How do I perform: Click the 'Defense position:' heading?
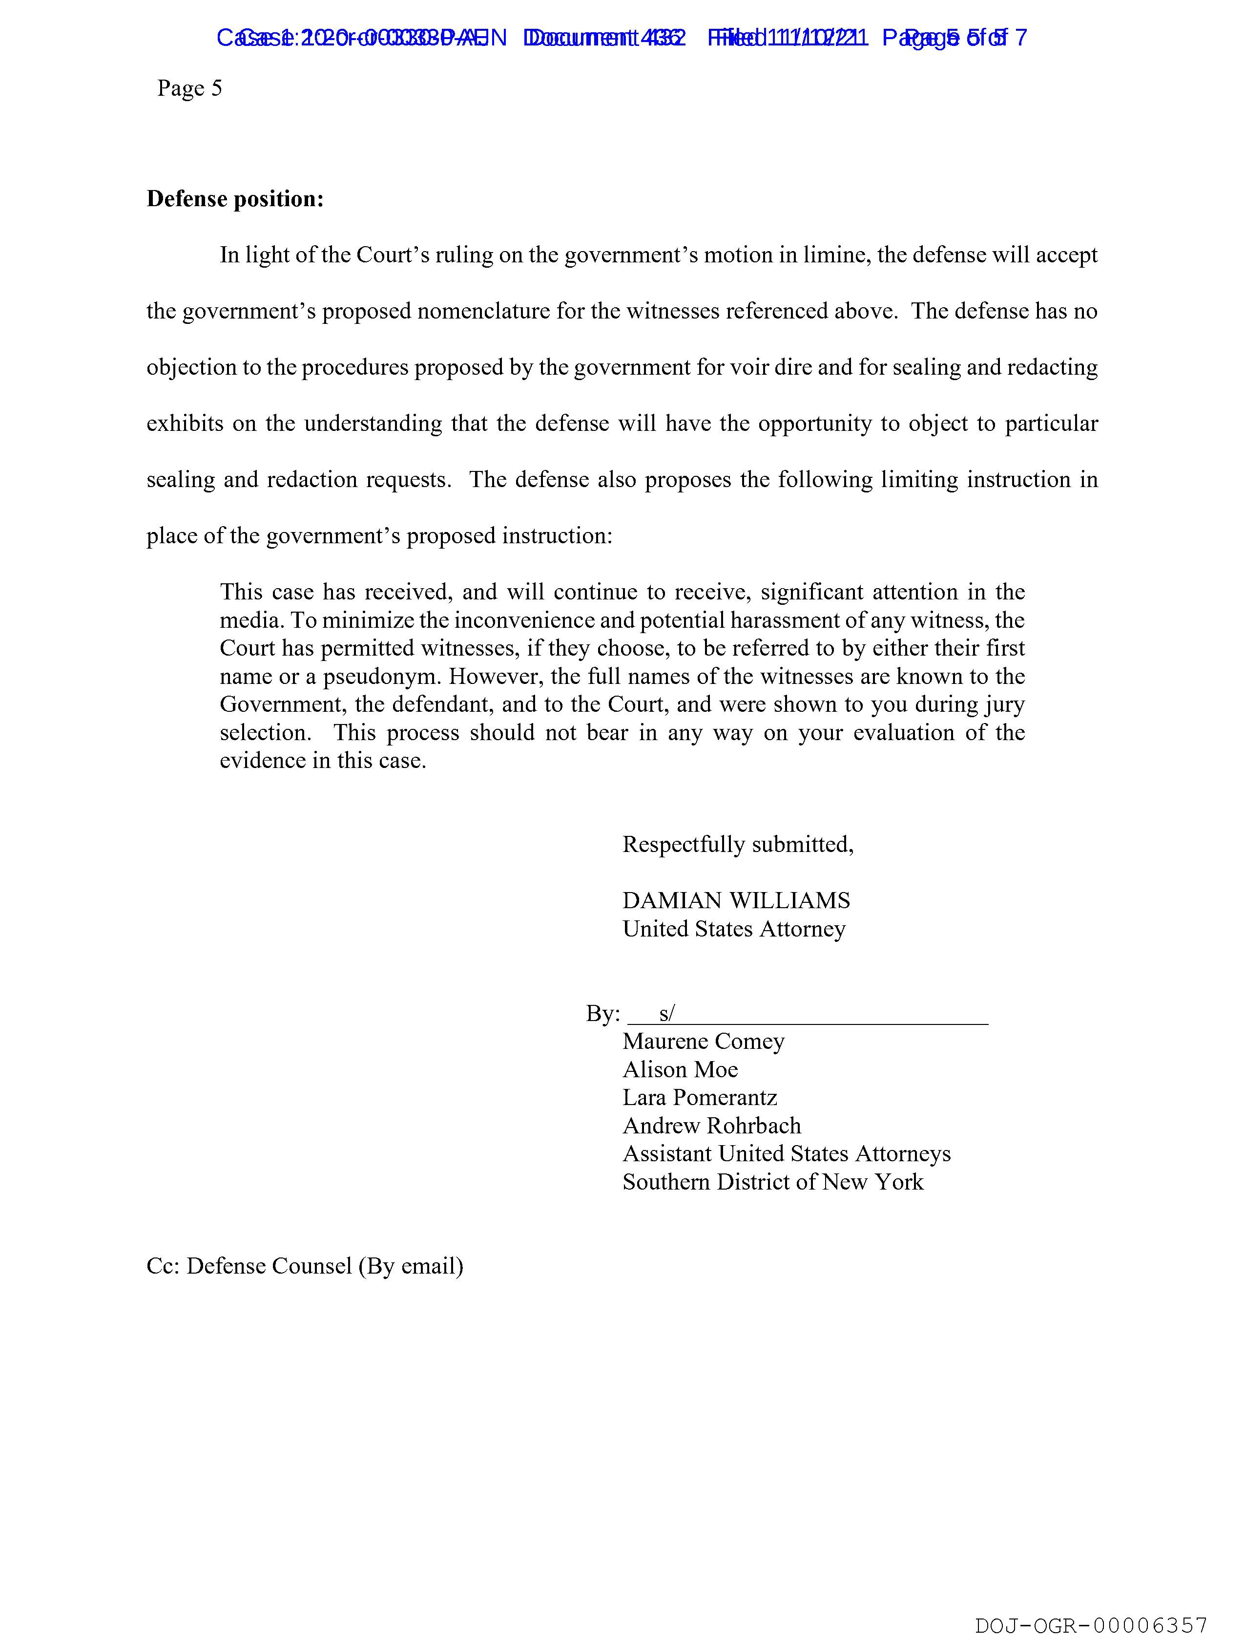coord(235,199)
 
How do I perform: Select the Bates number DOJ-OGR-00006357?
coord(1091,1625)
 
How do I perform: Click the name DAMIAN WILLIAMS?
coord(736,900)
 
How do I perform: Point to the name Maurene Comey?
coord(703,1041)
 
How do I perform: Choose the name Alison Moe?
coord(680,1069)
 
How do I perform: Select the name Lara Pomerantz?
coord(700,1097)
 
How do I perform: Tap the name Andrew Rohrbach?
coord(711,1126)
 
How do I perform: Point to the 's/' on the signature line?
coord(666,1013)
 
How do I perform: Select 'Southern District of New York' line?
coord(773,1182)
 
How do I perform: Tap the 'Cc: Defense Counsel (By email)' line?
coord(305,1266)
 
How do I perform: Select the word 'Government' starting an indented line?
coord(282,704)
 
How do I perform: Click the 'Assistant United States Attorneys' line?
coord(786,1153)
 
